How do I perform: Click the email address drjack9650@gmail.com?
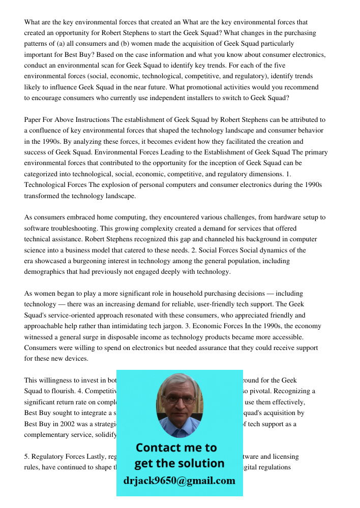(179, 481)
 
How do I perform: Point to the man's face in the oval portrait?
(179, 404)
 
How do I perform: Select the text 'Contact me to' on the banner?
(176, 448)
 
